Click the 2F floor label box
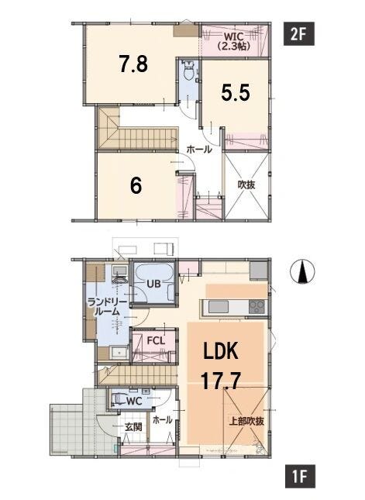298,34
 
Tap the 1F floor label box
300,477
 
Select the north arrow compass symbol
302,271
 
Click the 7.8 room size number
133,64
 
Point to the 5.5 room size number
236,92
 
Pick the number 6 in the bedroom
136,185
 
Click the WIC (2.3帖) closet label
234,41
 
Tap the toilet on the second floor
189,70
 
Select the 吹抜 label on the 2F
246,184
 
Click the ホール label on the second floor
199,150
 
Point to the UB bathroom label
153,284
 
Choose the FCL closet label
156,340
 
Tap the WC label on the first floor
134,401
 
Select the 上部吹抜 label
246,421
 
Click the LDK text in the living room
221,351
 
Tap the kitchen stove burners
257,307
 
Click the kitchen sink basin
219,307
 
